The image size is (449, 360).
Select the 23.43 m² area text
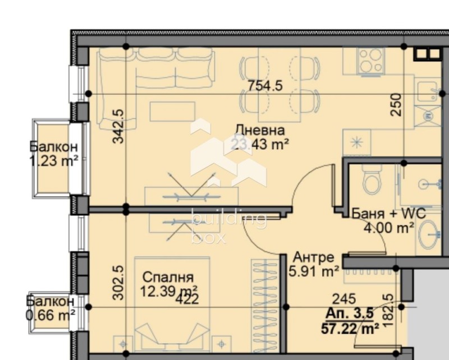coord(260,145)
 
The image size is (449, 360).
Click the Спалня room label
coord(168,277)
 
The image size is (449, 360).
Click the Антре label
coord(314,257)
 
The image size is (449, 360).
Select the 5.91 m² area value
coord(313,271)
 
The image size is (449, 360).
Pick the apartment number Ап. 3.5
coord(347,314)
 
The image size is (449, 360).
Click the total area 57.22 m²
coord(347,327)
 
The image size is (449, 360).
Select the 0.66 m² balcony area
coord(51,315)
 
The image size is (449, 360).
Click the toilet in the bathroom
coord(372,181)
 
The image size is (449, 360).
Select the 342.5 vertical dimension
coord(118,126)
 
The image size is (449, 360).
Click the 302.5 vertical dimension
coord(118,283)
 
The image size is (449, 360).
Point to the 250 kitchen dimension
coord(396,104)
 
